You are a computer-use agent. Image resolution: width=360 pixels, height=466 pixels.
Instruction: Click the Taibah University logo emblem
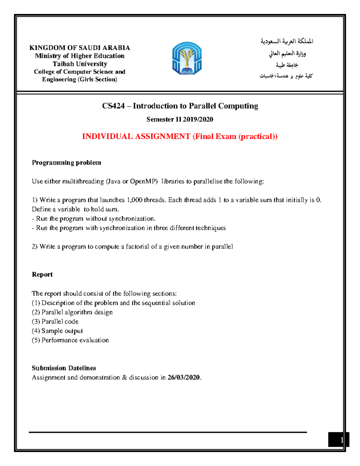[x=187, y=58]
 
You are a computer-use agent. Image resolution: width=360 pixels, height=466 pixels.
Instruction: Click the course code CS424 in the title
[x=113, y=106]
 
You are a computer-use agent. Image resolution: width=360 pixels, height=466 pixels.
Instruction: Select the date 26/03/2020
[x=184, y=377]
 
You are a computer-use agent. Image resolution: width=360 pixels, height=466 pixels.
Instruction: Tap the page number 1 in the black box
[x=342, y=440]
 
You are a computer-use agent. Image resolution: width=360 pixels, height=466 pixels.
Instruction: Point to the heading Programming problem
[x=66, y=163]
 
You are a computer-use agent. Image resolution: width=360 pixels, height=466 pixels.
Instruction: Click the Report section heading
[x=42, y=275]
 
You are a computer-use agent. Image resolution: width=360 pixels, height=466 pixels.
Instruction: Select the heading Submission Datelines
[x=64, y=368]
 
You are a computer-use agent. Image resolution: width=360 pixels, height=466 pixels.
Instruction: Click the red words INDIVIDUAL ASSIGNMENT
[x=136, y=137]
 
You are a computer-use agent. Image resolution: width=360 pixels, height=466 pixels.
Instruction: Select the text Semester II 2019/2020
[x=180, y=119]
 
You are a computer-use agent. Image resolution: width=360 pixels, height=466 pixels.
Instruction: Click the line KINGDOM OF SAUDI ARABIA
[x=79, y=48]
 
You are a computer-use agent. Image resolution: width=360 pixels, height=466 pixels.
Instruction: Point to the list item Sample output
[x=62, y=331]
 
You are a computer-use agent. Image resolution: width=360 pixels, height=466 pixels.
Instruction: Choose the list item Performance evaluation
[x=75, y=340]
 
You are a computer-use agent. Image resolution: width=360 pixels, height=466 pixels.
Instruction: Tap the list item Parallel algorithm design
[x=77, y=312]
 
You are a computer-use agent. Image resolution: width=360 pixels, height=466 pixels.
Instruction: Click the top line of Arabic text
[x=287, y=41]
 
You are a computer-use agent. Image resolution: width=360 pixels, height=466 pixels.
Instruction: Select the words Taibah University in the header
[x=80, y=64]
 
